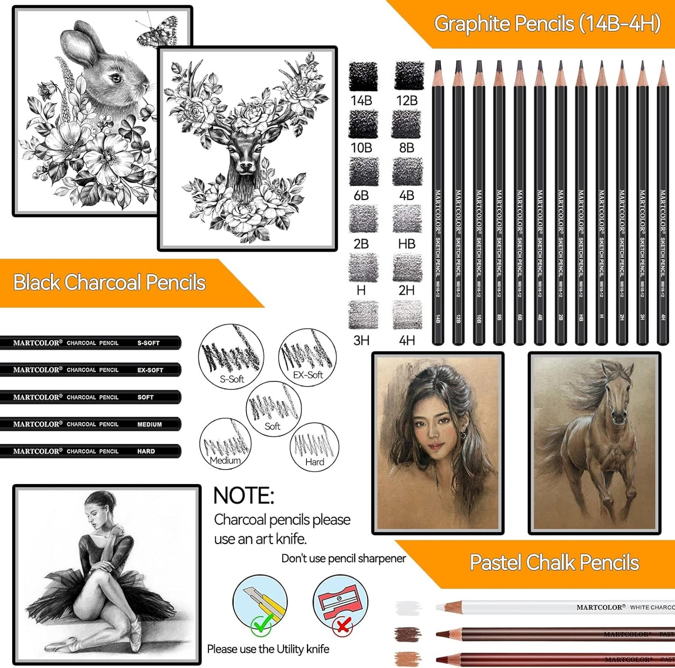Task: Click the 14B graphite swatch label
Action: tap(361, 101)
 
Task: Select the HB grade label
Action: tap(406, 244)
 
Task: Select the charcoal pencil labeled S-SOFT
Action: tap(90, 343)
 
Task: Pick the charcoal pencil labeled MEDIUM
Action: tap(90, 424)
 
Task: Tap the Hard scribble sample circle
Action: tap(314, 447)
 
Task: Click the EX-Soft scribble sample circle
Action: tap(307, 358)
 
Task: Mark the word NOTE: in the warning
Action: tap(243, 496)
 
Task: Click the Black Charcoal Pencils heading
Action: tap(109, 282)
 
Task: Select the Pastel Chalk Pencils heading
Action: tap(554, 563)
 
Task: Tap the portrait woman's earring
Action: tap(463, 435)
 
